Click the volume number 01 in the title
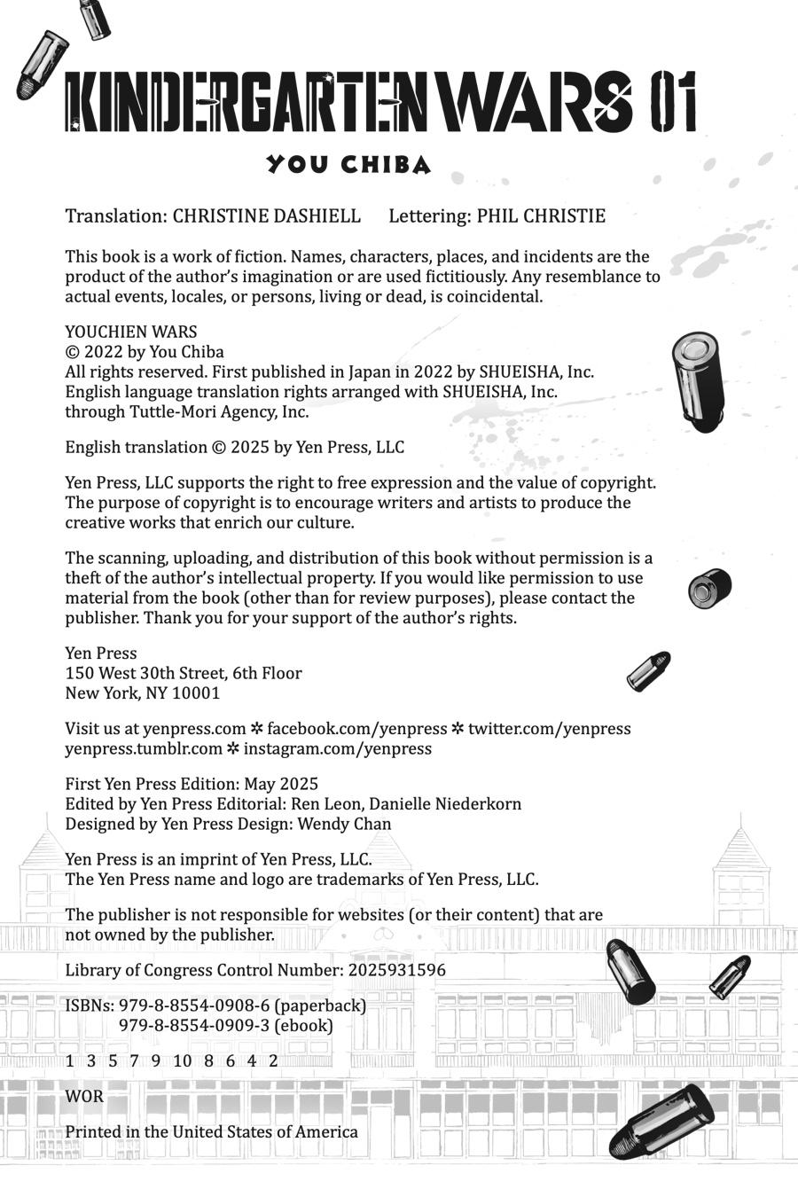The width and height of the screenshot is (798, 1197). tap(673, 104)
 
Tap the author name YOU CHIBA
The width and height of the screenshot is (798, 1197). tap(348, 165)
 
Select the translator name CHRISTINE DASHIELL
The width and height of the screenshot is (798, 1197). tap(266, 216)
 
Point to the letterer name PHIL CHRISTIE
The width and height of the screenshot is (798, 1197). tap(541, 216)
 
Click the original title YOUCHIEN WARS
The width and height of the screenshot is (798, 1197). tap(130, 332)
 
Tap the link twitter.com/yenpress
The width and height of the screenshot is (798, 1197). tap(549, 729)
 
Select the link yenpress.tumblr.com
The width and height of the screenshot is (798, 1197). tap(144, 748)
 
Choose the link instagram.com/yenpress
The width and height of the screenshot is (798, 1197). tap(337, 748)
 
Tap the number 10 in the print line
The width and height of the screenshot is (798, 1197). tap(183, 1061)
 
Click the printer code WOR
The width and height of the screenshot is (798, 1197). tap(84, 1097)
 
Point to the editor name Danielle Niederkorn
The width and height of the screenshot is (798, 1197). tap(445, 804)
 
